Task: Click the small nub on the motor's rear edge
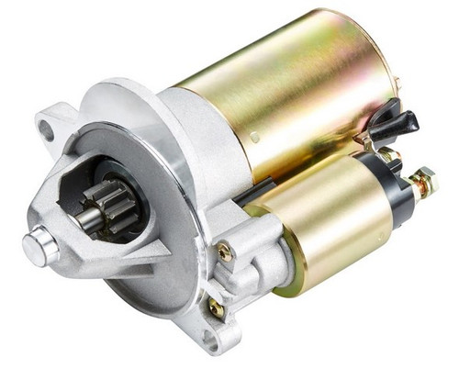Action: [x=397, y=85]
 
